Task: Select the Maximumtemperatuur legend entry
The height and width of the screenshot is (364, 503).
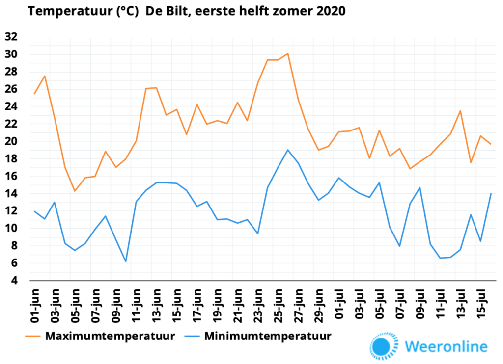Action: [x=100, y=336]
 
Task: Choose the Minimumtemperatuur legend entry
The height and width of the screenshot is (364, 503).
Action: [x=258, y=336]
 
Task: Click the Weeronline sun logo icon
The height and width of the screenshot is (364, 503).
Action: [x=384, y=346]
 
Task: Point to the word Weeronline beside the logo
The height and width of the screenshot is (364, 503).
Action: [x=446, y=347]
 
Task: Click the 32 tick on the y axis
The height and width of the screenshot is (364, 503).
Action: [x=11, y=37]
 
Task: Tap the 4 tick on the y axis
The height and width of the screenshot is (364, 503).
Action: [x=14, y=281]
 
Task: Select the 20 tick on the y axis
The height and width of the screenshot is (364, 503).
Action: [x=11, y=141]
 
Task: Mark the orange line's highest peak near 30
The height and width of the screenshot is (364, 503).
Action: [x=288, y=53]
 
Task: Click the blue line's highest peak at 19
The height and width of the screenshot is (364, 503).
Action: [x=288, y=150]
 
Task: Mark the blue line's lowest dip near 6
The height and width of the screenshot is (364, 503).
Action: [x=125, y=261]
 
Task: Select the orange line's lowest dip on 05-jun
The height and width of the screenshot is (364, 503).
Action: [x=75, y=191]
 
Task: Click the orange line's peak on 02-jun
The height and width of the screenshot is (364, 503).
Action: [x=45, y=76]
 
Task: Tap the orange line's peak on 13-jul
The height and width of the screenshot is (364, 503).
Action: [x=460, y=111]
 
